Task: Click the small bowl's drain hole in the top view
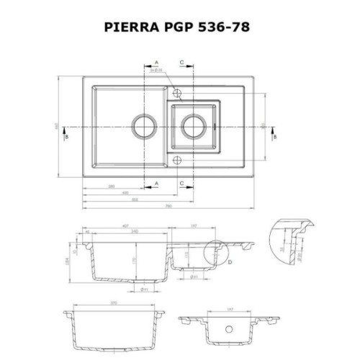(x=193, y=124)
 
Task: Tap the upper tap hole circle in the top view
(x=177, y=91)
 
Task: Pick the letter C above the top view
(x=181, y=63)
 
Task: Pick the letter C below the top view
(x=181, y=184)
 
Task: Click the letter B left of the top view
(x=66, y=136)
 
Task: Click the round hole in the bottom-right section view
(x=231, y=328)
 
